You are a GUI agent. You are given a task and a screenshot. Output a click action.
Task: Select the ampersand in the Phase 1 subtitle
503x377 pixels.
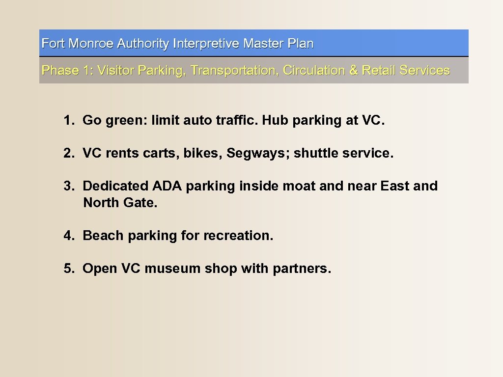353,70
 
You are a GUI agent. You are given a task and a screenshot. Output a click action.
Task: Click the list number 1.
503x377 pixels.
68,120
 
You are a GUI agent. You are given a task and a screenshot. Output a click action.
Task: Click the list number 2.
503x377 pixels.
68,153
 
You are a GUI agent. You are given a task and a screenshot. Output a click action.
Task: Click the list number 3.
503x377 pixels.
68,186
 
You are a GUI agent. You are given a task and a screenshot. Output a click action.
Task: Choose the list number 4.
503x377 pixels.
68,236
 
